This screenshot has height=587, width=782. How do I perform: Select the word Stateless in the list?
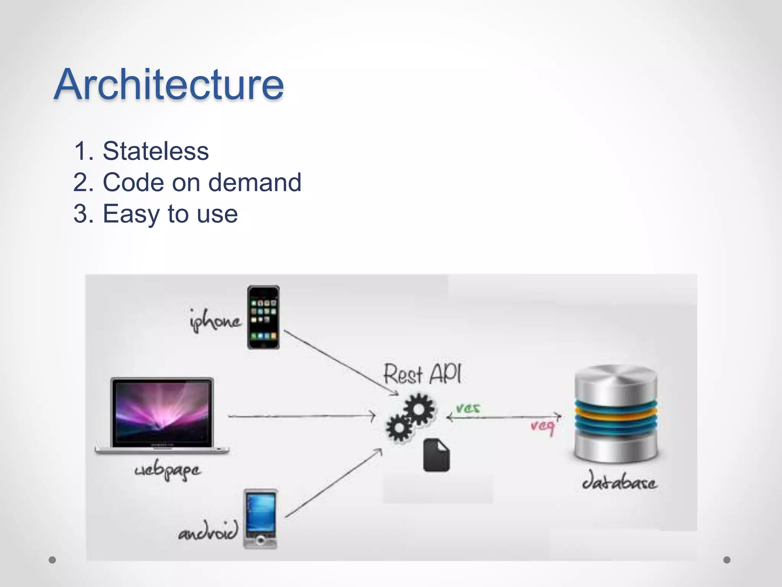pyautogui.click(x=155, y=151)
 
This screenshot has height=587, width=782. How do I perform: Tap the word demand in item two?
pyautogui.click(x=255, y=182)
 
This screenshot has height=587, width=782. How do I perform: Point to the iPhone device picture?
pyautogui.click(x=263, y=317)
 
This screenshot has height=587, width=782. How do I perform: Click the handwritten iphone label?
pyautogui.click(x=215, y=321)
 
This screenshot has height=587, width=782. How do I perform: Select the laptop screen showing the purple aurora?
pyautogui.click(x=162, y=412)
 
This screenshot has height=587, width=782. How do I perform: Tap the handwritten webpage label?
pyautogui.click(x=167, y=470)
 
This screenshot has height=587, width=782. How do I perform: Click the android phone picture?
pyautogui.click(x=261, y=519)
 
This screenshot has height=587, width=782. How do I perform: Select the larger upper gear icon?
pyautogui.click(x=419, y=409)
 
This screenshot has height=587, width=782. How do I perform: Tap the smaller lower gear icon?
pyautogui.click(x=399, y=428)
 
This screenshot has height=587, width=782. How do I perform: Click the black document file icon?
pyautogui.click(x=436, y=456)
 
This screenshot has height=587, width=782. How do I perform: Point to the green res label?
pyautogui.click(x=468, y=408)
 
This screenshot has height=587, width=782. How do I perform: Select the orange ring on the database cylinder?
pyautogui.click(x=616, y=415)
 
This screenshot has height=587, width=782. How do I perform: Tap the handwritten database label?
pyautogui.click(x=619, y=483)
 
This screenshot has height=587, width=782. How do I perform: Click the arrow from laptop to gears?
pyautogui.click(x=302, y=416)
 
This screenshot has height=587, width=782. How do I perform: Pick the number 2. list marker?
pyautogui.click(x=83, y=182)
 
